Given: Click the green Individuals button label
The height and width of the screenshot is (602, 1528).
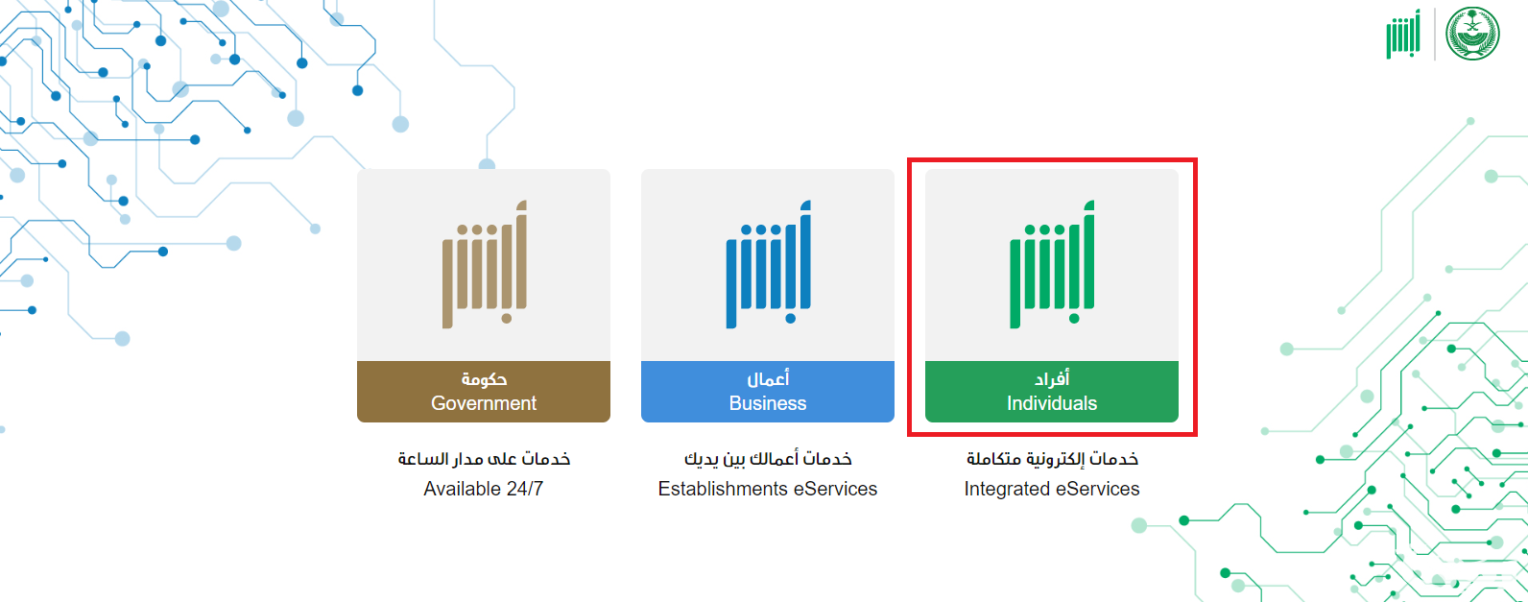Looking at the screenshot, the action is (1051, 391).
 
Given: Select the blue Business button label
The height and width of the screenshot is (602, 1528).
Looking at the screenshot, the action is (768, 391).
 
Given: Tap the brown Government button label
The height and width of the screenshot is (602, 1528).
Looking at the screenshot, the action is (484, 391).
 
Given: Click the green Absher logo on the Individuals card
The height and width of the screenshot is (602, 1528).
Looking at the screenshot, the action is (1052, 264).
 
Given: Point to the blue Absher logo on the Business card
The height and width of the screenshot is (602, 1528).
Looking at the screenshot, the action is (768, 264).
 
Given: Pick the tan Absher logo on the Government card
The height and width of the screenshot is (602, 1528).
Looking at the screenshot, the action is (485, 264).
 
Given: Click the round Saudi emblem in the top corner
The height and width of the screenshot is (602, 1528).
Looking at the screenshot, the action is (1472, 34).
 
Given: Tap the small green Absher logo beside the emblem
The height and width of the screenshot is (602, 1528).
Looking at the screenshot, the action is (1403, 35).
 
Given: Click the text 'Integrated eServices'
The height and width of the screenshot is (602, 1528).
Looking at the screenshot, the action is (1051, 489).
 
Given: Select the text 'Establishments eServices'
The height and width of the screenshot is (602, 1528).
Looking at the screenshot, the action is (768, 489).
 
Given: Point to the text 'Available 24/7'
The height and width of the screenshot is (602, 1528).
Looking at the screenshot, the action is (484, 489).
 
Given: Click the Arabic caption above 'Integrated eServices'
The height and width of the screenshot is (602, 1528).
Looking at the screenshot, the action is (1052, 459).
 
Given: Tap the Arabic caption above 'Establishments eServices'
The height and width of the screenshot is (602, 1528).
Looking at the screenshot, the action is (768, 459).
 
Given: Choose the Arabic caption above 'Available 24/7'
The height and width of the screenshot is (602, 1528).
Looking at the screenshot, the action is (484, 459).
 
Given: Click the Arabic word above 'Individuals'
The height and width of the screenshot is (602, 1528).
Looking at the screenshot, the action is (1052, 378).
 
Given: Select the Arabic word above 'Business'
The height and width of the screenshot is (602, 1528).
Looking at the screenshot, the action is (768, 378).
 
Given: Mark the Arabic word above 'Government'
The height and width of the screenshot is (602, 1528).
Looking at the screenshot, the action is (484, 378).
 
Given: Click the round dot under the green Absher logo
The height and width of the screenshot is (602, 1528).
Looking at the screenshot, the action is (1074, 318).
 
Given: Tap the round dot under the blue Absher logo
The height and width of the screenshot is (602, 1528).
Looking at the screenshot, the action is (790, 318).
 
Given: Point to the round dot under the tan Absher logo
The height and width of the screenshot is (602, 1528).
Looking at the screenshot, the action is (506, 318).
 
